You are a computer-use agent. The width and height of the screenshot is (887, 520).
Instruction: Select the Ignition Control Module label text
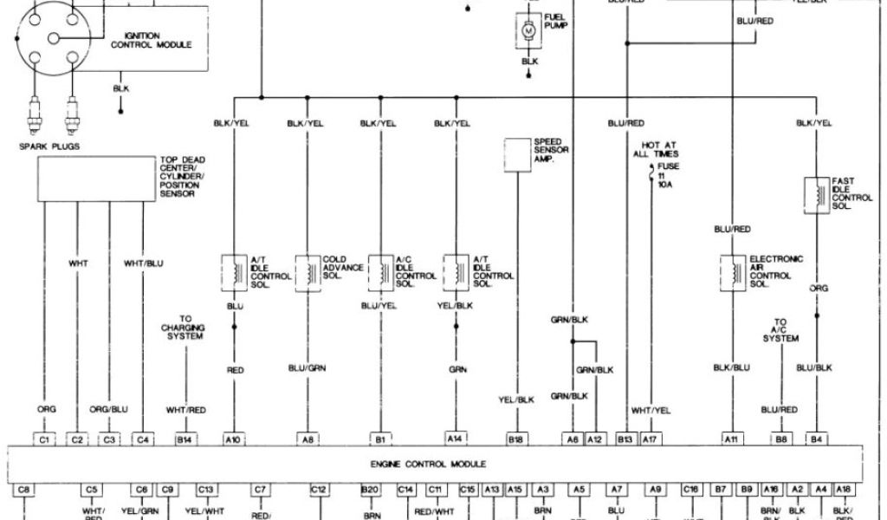(x=152, y=40)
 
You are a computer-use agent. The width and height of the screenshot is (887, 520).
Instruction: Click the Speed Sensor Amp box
(x=518, y=153)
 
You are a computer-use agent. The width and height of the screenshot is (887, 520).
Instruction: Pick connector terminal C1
(x=46, y=440)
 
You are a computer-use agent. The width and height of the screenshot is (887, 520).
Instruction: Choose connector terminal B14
(x=185, y=440)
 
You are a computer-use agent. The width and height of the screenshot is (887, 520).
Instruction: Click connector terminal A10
(x=234, y=440)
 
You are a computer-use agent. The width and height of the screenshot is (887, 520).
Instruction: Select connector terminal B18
(x=517, y=440)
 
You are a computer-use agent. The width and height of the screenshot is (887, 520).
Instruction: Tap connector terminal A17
(x=650, y=440)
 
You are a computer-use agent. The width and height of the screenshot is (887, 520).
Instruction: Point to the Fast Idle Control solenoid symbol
(x=816, y=193)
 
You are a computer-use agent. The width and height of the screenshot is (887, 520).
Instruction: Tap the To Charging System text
(x=185, y=327)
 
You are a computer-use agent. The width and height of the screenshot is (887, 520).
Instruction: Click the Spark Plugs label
(x=49, y=146)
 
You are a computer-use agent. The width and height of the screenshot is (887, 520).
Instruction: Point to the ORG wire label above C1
(x=46, y=409)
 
